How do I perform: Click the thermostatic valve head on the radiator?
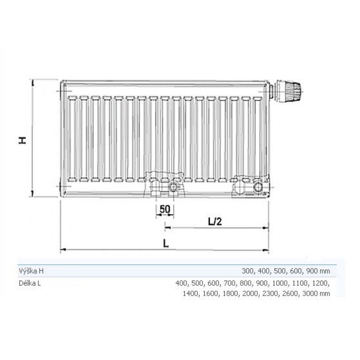[290, 91]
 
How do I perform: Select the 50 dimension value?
[165, 209]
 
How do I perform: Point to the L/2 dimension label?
[215, 221]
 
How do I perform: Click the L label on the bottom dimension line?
[166, 243]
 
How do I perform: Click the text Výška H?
[31, 271]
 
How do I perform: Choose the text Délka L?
[30, 283]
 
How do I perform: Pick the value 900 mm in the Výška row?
[318, 271]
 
